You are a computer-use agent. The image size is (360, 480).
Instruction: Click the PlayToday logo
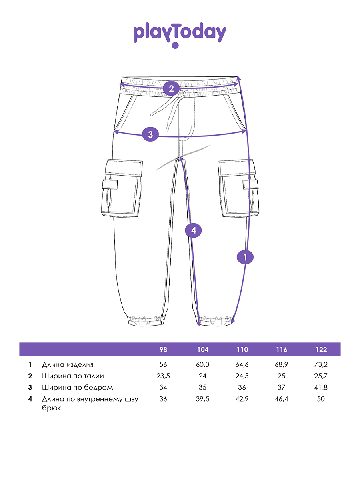[180, 34]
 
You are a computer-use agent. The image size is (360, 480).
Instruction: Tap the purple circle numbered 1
[246, 256]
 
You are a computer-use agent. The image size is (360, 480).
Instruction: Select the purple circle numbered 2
[171, 88]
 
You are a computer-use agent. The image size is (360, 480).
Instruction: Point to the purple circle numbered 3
[150, 134]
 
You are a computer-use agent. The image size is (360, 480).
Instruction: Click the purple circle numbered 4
[194, 230]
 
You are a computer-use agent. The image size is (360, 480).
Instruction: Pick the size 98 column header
[163, 350]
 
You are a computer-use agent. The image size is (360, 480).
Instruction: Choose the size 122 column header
[321, 350]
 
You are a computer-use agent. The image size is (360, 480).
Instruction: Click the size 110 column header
[242, 350]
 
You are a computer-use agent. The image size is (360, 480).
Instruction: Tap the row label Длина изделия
[68, 365]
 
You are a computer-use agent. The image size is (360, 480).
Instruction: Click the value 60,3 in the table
[203, 365]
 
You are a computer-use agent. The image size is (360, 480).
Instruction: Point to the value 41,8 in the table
[321, 387]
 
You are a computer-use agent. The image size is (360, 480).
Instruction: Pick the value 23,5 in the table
[163, 376]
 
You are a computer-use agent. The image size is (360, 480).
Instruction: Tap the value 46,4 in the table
[282, 399]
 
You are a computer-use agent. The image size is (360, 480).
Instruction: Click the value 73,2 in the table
[321, 365]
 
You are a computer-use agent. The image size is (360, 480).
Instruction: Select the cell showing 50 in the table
[321, 399]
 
